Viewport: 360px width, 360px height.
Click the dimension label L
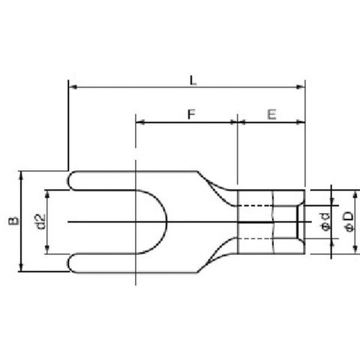coord(193,80)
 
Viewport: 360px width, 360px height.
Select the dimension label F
coord(191,115)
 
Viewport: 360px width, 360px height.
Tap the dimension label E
coord(271,115)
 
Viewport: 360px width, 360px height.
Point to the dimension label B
coord(13,220)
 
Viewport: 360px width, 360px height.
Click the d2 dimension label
coord(40,222)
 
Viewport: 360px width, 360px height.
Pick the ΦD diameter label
coord(349,221)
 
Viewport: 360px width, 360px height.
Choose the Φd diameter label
coord(325,222)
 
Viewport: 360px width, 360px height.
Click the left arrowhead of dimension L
coord(73,87)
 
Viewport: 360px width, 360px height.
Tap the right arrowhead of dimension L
coord(301,87)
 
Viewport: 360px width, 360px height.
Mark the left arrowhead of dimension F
coord(140,122)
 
